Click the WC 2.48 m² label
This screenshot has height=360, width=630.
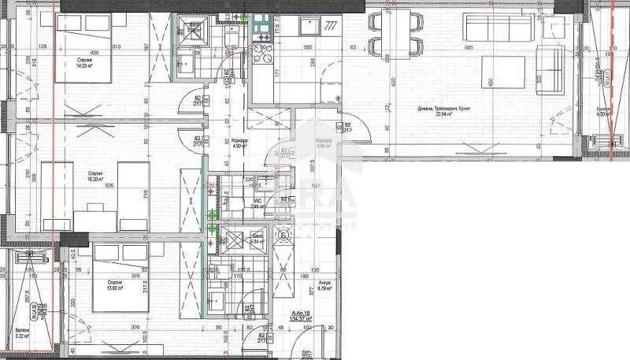click(x=257, y=203)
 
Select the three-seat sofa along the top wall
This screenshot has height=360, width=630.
click(x=498, y=28)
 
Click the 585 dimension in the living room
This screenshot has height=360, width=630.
click(x=469, y=49)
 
